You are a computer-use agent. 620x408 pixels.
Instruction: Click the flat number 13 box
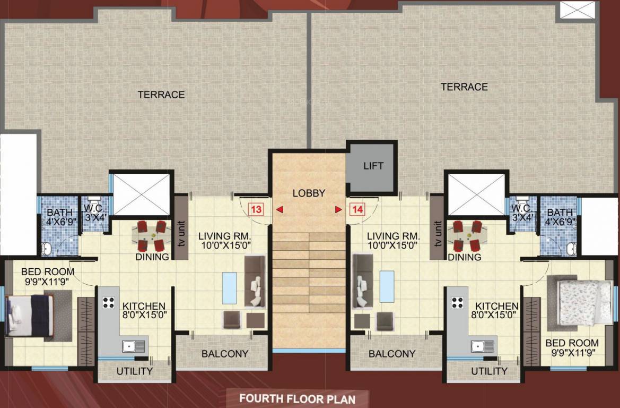[256, 209]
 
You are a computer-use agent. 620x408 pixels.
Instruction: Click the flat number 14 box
[357, 209]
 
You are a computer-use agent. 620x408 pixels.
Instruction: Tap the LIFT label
[373, 166]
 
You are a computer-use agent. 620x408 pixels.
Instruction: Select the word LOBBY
[308, 193]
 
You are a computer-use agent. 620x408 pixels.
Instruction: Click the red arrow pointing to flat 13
[279, 210]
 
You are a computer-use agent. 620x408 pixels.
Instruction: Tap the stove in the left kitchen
[109, 302]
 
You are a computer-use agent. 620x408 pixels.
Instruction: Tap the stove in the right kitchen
[457, 302]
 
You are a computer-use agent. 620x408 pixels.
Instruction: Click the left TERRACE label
[161, 95]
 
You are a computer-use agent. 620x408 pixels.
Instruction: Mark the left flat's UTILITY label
[135, 371]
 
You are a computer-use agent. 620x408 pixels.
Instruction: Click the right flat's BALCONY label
[392, 354]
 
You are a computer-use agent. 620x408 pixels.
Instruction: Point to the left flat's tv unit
[180, 227]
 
